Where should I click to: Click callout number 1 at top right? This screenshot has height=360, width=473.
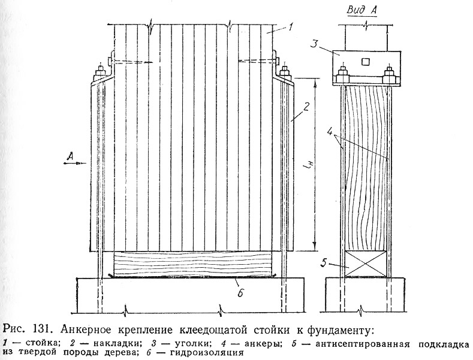tap(290, 28)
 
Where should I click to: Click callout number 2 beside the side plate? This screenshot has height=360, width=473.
tap(306, 107)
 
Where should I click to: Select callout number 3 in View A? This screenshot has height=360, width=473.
tap(314, 44)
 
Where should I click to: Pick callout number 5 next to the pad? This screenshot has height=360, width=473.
tap(323, 263)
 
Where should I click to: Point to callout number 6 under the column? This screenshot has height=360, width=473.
tap(240, 293)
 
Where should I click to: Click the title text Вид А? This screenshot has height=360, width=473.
tap(362, 10)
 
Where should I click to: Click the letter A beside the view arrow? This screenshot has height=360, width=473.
tap(70, 156)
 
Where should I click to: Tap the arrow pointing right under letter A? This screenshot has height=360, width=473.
tap(74, 163)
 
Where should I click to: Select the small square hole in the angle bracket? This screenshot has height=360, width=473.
tap(365, 62)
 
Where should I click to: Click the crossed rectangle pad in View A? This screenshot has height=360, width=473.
tap(366, 264)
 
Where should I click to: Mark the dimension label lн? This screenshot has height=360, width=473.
tap(307, 165)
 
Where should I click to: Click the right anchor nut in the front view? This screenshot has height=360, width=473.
tap(284, 73)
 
